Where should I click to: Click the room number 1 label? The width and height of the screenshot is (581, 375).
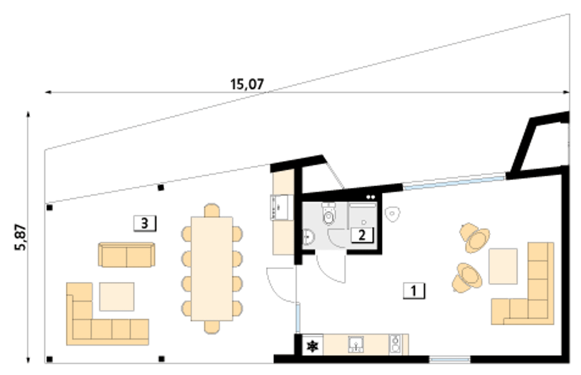(x=414, y=291)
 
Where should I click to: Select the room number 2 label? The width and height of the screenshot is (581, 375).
(x=362, y=235)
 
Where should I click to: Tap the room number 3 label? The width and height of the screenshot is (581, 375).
(x=145, y=223)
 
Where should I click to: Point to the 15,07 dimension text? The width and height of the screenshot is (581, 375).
(x=247, y=84)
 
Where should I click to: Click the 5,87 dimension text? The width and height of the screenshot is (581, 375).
(x=20, y=237)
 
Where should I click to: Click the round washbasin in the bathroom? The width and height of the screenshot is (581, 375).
(x=309, y=237)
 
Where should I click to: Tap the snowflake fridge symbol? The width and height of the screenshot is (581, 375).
(x=312, y=346)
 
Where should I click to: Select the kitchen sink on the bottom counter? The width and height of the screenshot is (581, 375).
(x=356, y=344)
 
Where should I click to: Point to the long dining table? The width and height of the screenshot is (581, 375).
(x=212, y=269)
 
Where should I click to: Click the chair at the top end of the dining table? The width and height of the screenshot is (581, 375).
(x=212, y=210)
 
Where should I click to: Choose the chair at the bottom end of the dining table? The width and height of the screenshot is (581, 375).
(x=212, y=327)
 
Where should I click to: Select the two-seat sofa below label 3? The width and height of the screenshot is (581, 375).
(x=127, y=255)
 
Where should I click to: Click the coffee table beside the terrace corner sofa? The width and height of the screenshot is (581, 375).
(x=117, y=296)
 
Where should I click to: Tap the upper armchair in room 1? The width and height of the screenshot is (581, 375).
(x=475, y=237)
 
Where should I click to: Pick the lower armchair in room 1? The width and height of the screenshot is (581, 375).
(x=468, y=278)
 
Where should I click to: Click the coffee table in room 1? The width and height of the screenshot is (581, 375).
(x=503, y=266)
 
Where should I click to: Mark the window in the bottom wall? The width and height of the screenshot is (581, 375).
(x=449, y=359)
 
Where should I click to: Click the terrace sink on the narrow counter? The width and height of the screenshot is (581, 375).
(x=279, y=207)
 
